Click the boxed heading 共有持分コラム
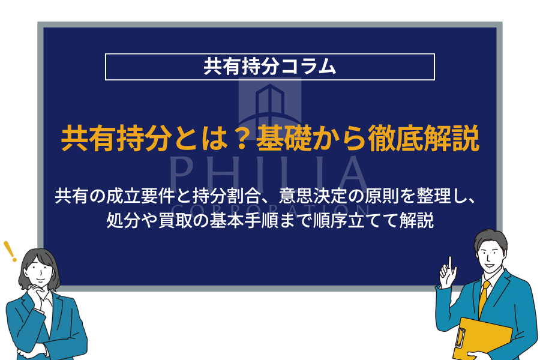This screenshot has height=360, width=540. click(269, 67)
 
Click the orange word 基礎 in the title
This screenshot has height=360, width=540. click(284, 138)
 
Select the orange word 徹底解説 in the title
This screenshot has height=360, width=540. click(424, 138)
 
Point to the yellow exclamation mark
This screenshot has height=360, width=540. click(10, 251)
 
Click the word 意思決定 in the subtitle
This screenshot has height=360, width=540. click(313, 196)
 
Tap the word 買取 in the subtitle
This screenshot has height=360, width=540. click(175, 220)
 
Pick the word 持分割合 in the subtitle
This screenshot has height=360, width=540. click(227, 196)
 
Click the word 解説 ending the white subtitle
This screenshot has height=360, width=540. click(416, 220)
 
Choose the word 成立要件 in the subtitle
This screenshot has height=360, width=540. click(140, 196)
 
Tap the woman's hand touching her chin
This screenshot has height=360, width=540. click(36, 293)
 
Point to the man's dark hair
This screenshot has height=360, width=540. click(490, 239)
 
